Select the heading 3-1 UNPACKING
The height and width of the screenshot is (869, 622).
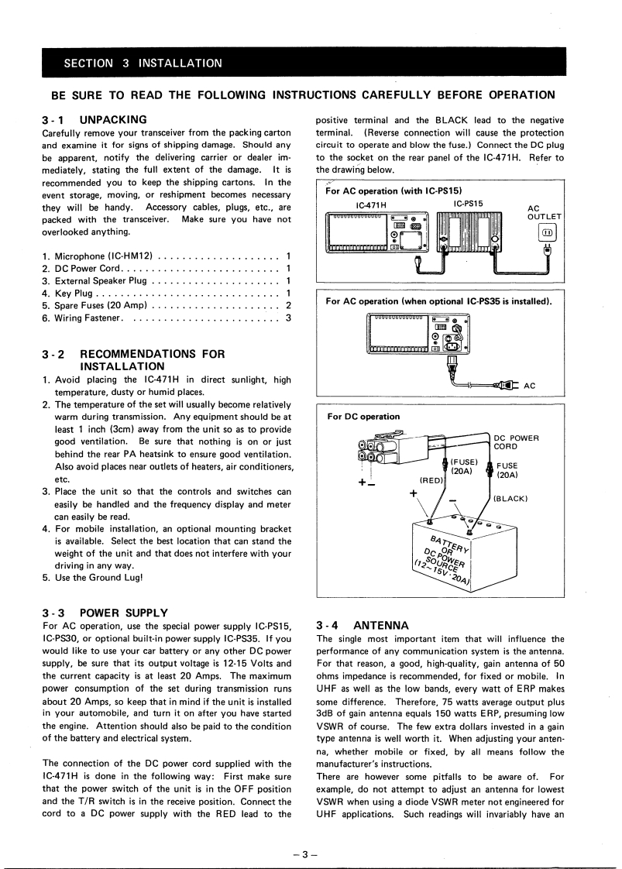[x=95, y=120]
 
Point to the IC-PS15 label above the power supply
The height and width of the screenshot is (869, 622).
[x=469, y=203]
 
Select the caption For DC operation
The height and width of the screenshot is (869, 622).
[x=364, y=417]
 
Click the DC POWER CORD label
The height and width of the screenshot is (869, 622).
[x=516, y=442]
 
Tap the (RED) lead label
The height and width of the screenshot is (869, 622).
[x=431, y=479]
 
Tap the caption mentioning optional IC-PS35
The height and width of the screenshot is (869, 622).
[x=438, y=301]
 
